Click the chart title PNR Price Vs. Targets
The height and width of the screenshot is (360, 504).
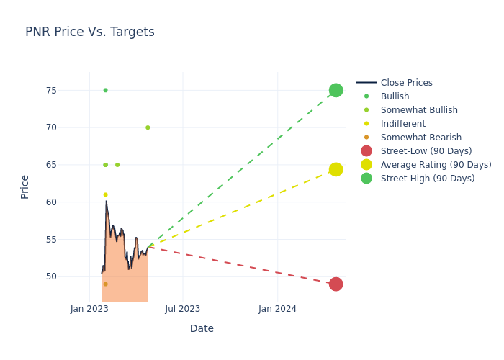(89, 32)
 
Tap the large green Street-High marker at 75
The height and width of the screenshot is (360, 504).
(336, 90)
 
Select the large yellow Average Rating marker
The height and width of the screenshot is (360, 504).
(336, 169)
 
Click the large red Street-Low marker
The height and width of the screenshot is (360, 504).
(336, 284)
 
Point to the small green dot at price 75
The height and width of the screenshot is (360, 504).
(105, 90)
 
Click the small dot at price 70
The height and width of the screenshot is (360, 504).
(148, 127)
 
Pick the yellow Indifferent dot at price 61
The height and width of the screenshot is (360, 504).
(105, 194)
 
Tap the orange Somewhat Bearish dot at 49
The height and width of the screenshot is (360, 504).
(105, 284)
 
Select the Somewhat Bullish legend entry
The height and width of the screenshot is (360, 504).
(419, 110)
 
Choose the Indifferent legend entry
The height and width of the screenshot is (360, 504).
(402, 124)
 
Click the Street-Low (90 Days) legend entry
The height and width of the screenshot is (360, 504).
(426, 151)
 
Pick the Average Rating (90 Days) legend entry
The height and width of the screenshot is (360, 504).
(436, 165)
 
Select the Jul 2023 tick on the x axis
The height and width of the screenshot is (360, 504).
(183, 309)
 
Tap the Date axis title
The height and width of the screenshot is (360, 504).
(202, 328)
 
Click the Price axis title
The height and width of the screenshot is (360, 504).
(25, 186)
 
